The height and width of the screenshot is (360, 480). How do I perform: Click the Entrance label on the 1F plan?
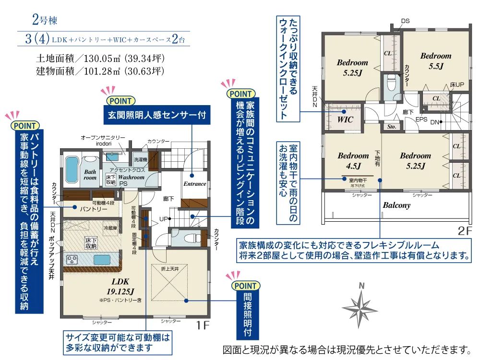195,184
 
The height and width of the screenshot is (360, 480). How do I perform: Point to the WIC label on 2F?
346,119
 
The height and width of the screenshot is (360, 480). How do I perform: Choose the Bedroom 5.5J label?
436,61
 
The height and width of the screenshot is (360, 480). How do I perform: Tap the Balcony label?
396,205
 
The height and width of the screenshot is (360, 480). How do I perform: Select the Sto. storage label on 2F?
391,127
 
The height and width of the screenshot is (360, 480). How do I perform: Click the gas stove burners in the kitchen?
72,260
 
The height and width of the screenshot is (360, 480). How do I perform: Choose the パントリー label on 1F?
90,209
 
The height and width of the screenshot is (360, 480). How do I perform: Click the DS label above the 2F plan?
406,21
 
